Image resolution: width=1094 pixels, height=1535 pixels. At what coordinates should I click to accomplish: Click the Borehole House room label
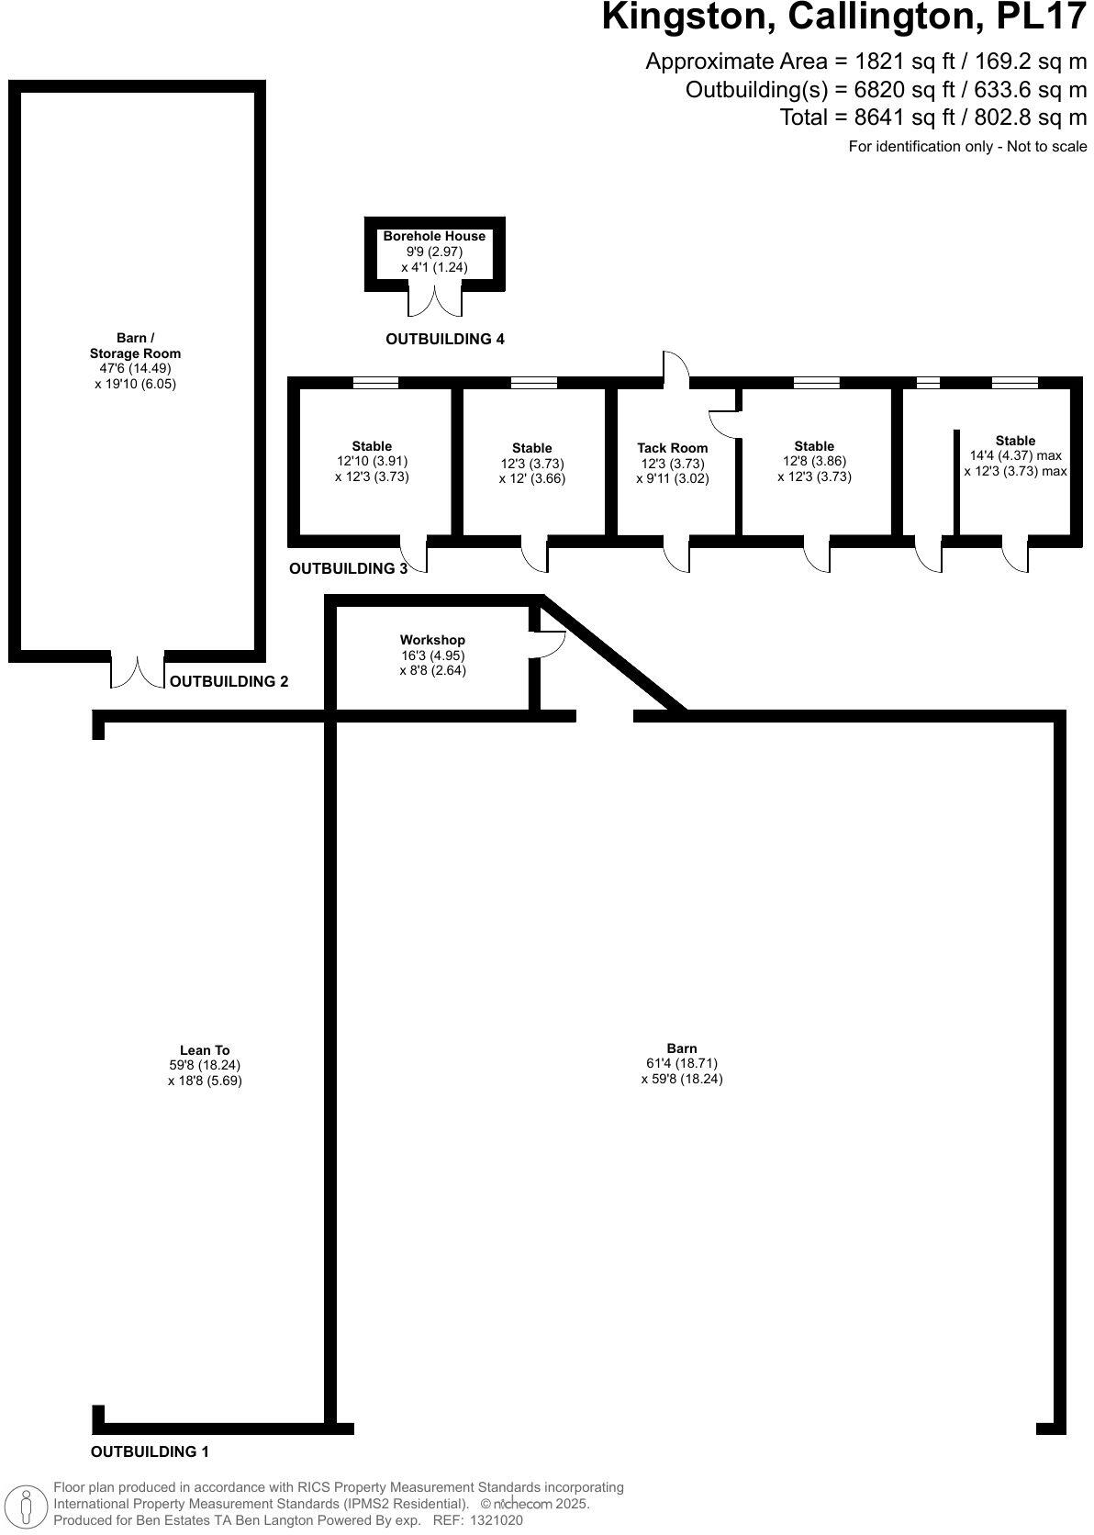(x=434, y=236)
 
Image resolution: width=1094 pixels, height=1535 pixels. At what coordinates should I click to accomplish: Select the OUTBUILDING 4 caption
(x=444, y=339)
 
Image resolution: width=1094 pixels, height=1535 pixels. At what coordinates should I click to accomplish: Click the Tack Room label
(x=673, y=448)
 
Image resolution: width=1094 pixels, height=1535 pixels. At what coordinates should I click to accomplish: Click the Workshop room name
(x=432, y=640)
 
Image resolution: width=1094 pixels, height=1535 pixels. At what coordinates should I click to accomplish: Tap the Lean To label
(x=205, y=1050)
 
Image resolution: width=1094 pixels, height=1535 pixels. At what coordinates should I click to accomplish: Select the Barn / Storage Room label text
(x=135, y=345)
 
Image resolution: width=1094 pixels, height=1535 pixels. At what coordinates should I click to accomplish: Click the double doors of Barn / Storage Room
(x=138, y=672)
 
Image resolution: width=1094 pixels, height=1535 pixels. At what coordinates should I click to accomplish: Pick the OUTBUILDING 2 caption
(x=229, y=681)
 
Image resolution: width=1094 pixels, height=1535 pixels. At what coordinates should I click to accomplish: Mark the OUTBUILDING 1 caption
(x=150, y=1451)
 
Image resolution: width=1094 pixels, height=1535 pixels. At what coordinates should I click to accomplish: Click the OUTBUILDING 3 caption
(x=348, y=568)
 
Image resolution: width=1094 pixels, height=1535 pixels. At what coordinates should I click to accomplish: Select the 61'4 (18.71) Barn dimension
(x=682, y=1063)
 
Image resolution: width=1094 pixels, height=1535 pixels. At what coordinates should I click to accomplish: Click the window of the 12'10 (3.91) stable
(x=375, y=383)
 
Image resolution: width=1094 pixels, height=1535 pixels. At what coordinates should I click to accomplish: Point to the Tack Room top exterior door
(x=676, y=365)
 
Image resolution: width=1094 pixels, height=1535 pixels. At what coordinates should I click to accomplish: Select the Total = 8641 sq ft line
(x=932, y=118)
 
